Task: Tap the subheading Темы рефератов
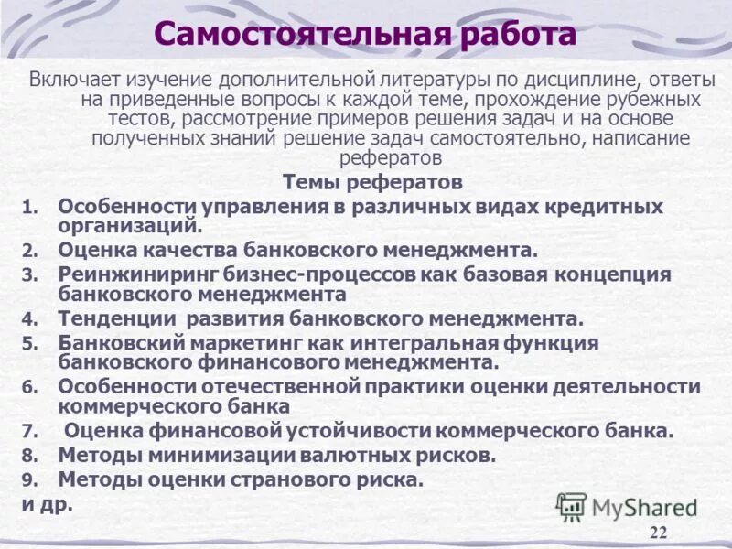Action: coord(372,182)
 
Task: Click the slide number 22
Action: coord(658,533)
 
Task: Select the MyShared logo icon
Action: coord(571,506)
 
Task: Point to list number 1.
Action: coord(28,208)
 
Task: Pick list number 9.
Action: coord(28,479)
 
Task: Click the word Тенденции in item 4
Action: coord(117,319)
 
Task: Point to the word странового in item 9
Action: coord(285,479)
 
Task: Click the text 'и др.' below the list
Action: coord(47,503)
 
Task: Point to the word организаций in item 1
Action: coord(129,225)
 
